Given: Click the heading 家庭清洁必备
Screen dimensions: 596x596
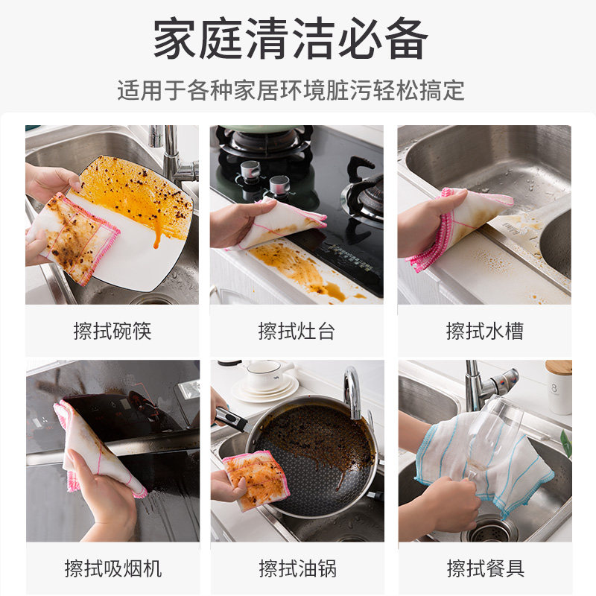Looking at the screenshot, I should click(291, 39).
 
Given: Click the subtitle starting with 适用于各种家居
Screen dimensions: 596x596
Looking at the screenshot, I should click(291, 91).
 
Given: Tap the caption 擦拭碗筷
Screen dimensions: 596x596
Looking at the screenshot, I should click(112, 331).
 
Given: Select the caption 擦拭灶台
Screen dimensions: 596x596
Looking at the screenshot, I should click(297, 331).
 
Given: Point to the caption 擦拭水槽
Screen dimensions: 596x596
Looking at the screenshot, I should click(484, 331).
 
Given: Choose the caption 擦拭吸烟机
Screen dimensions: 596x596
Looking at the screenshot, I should click(112, 568).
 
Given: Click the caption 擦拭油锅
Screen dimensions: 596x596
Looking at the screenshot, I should click(297, 568).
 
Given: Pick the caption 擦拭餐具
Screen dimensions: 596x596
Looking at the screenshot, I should click(484, 568).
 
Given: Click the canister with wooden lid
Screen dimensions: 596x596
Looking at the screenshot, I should click(558, 387).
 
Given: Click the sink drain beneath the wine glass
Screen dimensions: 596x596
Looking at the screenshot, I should click(489, 530).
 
